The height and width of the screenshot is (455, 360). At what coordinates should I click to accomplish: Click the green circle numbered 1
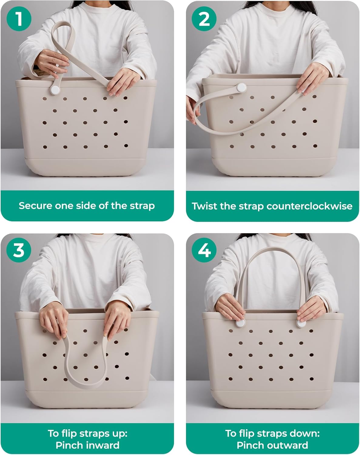[19, 19]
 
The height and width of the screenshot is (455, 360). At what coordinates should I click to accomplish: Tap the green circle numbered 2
[204, 19]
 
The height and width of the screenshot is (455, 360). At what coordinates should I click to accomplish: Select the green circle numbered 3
[19, 250]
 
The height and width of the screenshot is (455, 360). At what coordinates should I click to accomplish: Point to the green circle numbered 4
[204, 250]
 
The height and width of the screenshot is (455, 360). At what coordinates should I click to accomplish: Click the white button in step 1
[55, 90]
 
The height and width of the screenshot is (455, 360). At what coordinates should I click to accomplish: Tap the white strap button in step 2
[241, 88]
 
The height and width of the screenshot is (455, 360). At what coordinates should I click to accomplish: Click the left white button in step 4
[240, 323]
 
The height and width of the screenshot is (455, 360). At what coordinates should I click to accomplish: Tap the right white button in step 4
[301, 323]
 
